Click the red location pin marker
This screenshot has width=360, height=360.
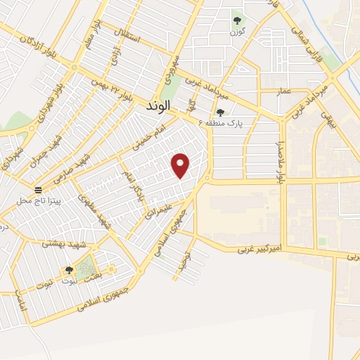point(181,165)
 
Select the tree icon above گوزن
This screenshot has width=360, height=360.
point(236,20)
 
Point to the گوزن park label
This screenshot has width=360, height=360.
point(237,32)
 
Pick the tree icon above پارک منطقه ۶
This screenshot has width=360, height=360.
point(220,112)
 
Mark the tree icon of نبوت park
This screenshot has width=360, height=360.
point(69,270)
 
